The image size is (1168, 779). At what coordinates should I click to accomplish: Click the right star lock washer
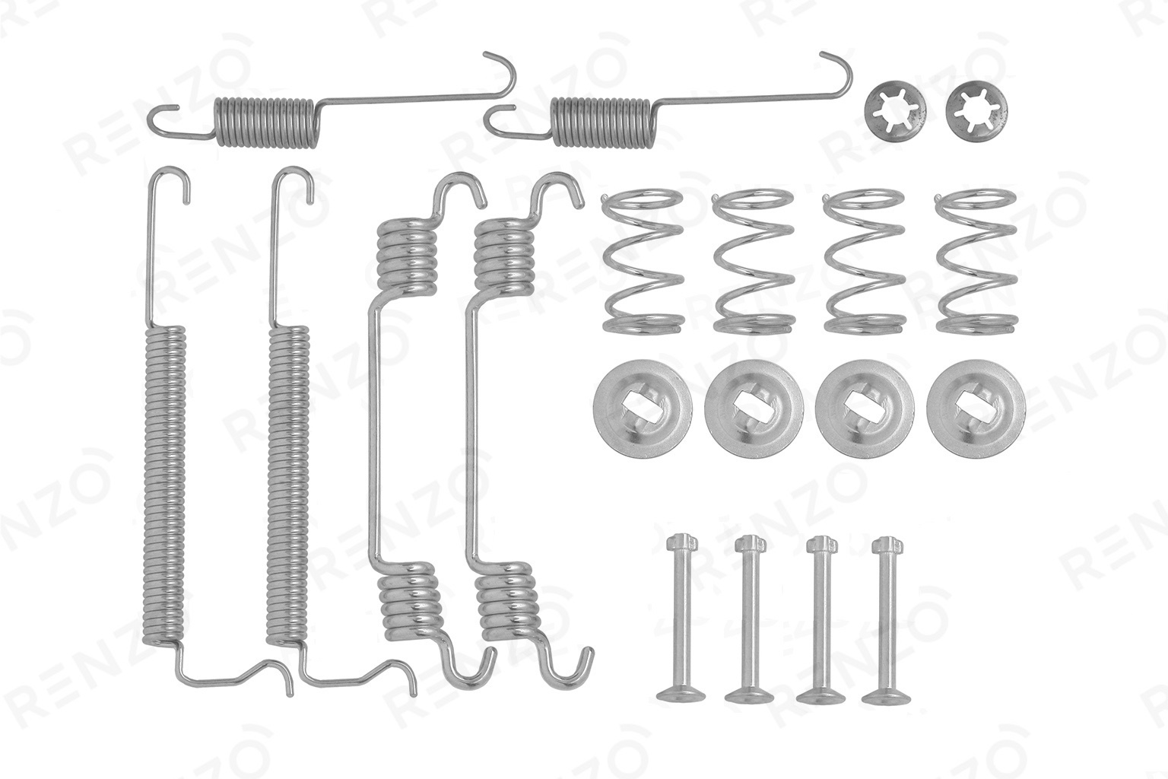click(x=977, y=112)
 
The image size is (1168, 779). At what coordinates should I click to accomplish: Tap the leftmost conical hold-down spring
click(x=643, y=262)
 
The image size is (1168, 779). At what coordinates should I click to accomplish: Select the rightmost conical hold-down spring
click(x=976, y=262)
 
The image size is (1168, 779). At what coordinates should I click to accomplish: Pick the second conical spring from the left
click(x=754, y=262)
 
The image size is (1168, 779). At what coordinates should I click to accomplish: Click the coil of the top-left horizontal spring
click(x=267, y=122)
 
